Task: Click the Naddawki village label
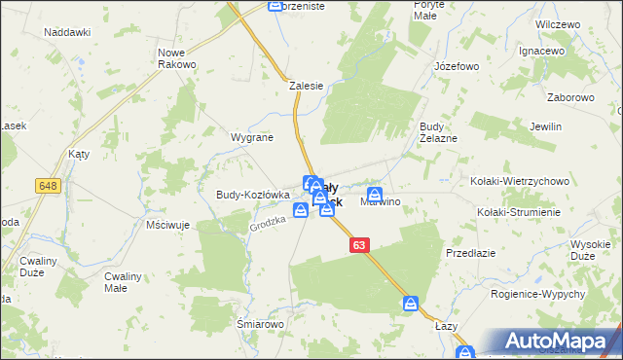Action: point(67,32)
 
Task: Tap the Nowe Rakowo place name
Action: point(177,57)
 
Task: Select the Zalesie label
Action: point(306,86)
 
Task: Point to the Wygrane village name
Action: point(251,138)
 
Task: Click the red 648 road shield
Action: point(47,185)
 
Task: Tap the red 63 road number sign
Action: point(360,246)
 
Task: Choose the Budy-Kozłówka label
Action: point(246,195)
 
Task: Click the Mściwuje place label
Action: point(166,225)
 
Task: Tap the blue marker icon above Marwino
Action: point(374,196)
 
